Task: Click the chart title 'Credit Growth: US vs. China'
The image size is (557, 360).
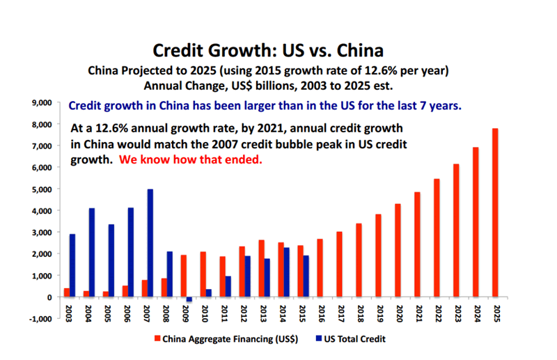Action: [x=268, y=51]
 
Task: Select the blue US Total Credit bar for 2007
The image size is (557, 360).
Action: [x=150, y=243]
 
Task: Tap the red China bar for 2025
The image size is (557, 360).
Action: [x=495, y=212]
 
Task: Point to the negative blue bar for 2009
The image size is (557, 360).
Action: [x=189, y=299]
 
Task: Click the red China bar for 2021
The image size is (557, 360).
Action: [x=418, y=244]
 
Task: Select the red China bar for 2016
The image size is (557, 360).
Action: [x=320, y=268]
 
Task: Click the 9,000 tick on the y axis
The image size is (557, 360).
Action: [x=42, y=102]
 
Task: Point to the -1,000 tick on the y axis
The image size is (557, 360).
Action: [x=41, y=319]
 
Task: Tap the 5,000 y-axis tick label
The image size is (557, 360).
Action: [x=42, y=189]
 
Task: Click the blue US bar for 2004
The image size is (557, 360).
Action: [x=92, y=253]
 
